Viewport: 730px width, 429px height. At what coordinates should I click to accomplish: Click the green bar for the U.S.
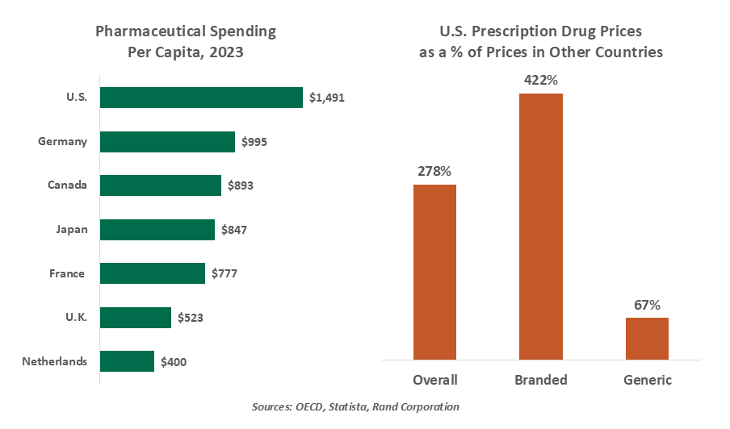click(x=200, y=98)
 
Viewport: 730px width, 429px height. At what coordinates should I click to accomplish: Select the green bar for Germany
click(x=166, y=142)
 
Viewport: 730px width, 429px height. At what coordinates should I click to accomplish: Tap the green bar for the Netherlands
click(x=126, y=361)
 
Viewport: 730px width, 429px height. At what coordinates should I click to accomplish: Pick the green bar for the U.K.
click(x=135, y=318)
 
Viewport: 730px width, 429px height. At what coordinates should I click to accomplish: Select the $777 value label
click(x=224, y=273)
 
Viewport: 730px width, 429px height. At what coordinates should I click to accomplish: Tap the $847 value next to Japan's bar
click(x=233, y=230)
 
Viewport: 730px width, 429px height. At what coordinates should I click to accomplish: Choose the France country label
click(x=67, y=273)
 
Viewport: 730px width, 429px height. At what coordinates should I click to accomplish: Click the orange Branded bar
click(x=540, y=226)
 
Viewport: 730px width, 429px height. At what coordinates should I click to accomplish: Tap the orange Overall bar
click(x=434, y=272)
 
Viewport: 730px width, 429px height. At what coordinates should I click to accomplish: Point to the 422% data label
click(x=541, y=81)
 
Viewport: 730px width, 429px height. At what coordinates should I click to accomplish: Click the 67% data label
click(x=647, y=305)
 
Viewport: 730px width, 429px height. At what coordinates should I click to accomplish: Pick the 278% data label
click(x=434, y=172)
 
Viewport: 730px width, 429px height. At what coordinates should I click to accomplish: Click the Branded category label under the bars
click(x=541, y=380)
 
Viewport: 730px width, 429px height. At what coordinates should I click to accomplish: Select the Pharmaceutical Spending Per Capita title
click(x=186, y=43)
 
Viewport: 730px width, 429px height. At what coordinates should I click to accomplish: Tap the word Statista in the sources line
click(x=354, y=407)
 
